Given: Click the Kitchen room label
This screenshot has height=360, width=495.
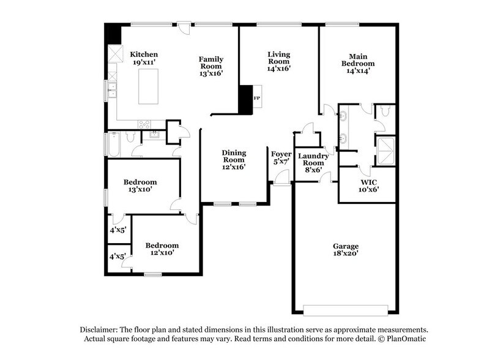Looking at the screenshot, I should (x=144, y=54).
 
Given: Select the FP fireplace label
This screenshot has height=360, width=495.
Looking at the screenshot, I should (x=257, y=98).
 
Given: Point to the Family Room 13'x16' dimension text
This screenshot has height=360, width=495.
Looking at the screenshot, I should (x=210, y=73).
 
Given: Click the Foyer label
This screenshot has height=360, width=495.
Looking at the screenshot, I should (x=281, y=154).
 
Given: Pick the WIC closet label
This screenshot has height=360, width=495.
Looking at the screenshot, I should (x=368, y=182).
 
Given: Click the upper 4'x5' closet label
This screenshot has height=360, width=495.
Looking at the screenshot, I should (x=117, y=230).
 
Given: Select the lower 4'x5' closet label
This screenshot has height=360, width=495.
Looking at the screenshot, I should (x=117, y=257).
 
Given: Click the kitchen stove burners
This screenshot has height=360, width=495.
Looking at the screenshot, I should (x=144, y=124).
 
